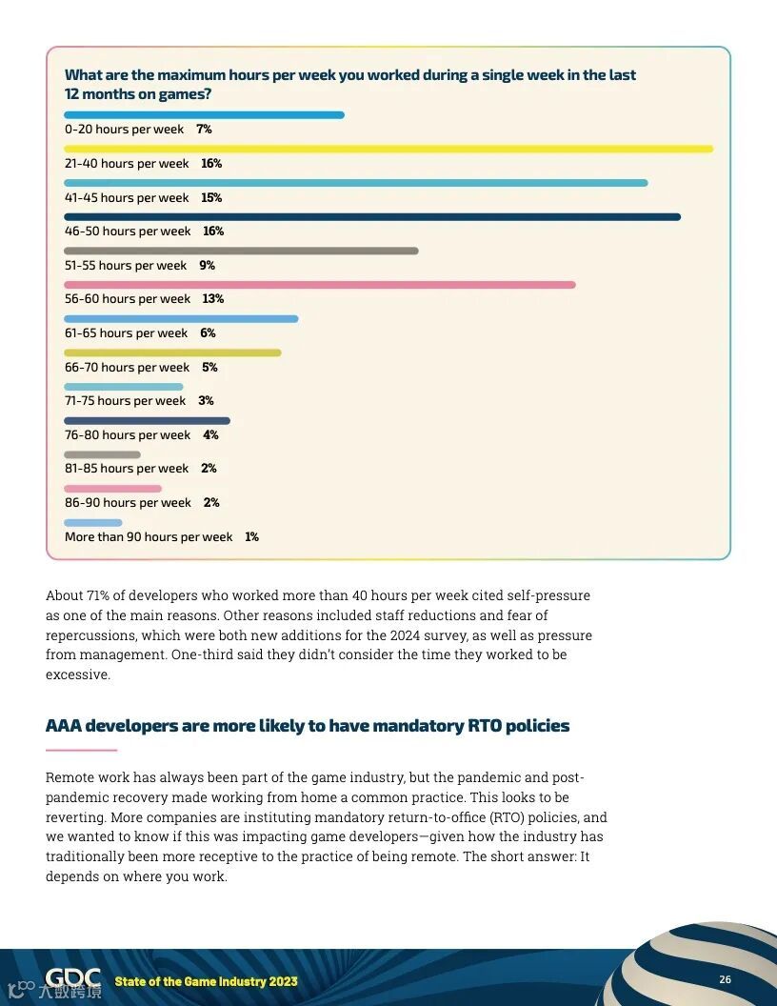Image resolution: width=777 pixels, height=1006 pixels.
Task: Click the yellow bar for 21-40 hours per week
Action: click(388, 149)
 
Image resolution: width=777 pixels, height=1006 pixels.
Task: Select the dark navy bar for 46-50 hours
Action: click(372, 217)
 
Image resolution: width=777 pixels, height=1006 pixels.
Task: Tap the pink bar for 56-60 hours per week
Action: click(320, 285)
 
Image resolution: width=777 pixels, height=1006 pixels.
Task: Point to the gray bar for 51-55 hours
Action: click(241, 251)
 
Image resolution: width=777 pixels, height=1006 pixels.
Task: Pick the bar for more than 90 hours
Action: click(93, 523)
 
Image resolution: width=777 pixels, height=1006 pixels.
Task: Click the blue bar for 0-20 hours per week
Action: click(204, 115)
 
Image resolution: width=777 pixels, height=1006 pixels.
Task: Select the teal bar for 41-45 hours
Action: click(356, 183)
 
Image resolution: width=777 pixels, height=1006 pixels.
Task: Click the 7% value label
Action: click(204, 130)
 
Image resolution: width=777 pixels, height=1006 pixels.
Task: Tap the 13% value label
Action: click(212, 299)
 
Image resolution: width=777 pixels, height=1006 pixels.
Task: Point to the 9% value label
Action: click(207, 266)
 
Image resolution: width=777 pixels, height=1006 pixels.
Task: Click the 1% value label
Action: click(251, 537)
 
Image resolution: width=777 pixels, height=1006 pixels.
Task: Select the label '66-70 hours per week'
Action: click(127, 368)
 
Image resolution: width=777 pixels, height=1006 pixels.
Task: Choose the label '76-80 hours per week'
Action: click(128, 435)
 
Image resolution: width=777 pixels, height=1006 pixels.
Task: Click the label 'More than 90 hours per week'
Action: click(149, 537)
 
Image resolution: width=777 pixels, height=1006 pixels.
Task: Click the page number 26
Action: click(725, 980)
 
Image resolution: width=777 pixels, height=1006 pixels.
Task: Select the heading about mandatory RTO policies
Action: click(308, 726)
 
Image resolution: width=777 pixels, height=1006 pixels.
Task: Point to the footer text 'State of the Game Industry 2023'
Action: click(206, 981)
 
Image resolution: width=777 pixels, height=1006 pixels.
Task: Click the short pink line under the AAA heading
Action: click(81, 750)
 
